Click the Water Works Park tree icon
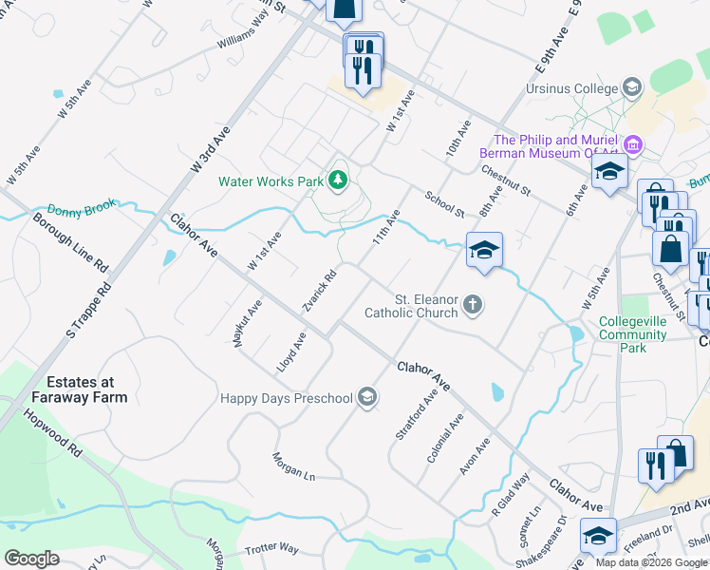[337, 180]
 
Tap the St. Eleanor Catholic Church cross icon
[473, 305]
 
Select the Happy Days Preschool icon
[367, 398]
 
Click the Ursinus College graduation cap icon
[630, 88]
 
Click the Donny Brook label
[83, 208]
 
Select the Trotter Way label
[271, 549]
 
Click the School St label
[444, 204]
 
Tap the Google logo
[32, 559]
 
